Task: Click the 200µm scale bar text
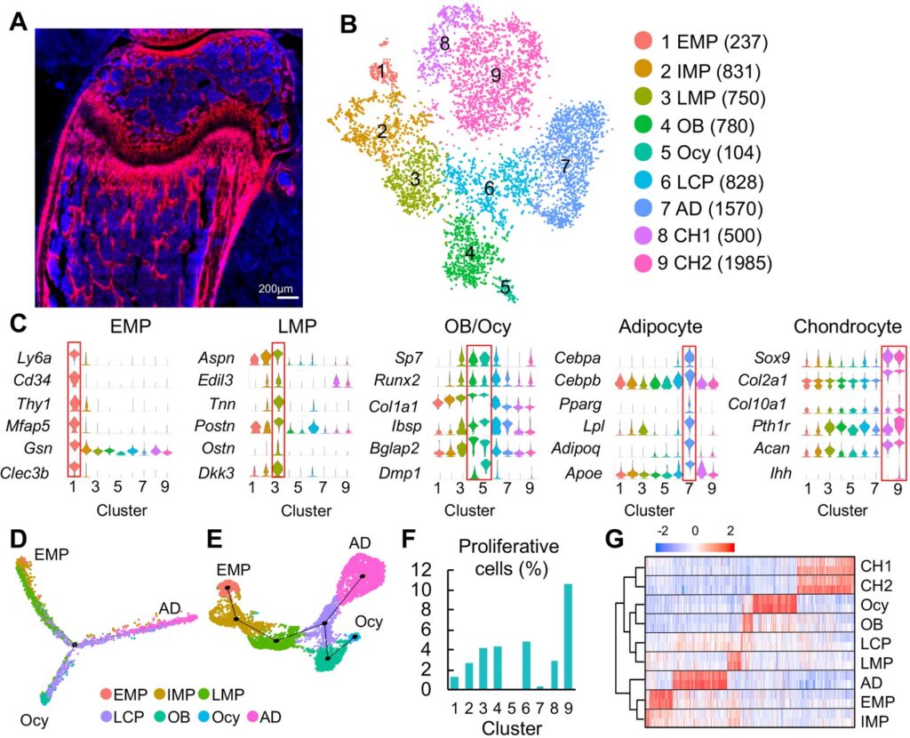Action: (x=276, y=289)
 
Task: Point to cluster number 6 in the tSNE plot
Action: (x=488, y=189)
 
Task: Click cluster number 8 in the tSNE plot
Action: (x=444, y=43)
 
